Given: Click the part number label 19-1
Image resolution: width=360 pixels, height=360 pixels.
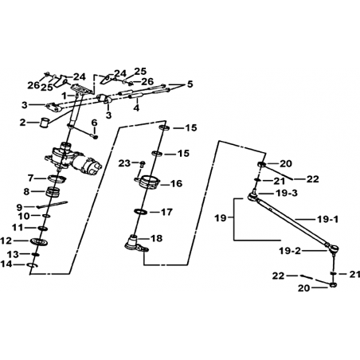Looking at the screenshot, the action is pyautogui.click(x=327, y=220).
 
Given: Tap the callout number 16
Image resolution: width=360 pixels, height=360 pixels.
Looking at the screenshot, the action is pyautogui.click(x=177, y=183).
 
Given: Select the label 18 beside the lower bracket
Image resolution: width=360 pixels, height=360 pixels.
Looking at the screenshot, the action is pyautogui.click(x=157, y=238).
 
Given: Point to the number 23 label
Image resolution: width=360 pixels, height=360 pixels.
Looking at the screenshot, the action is pyautogui.click(x=124, y=163).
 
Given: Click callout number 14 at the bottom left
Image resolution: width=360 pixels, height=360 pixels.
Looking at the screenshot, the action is pyautogui.click(x=6, y=264).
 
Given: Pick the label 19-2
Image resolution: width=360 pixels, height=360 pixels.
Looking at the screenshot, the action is pyautogui.click(x=290, y=251).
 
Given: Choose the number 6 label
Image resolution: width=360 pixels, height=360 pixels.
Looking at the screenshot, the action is pyautogui.click(x=95, y=123).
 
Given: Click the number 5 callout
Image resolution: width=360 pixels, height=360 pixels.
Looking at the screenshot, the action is pyautogui.click(x=190, y=84).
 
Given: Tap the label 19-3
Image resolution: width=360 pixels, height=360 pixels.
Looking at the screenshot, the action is pyautogui.click(x=287, y=193).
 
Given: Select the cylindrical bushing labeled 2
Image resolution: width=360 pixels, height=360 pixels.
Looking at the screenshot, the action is pyautogui.click(x=45, y=123).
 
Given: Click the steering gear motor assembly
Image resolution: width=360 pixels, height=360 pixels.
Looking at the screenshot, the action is pyautogui.click(x=73, y=158).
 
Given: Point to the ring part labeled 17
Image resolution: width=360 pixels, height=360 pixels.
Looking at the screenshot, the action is pyautogui.click(x=141, y=212).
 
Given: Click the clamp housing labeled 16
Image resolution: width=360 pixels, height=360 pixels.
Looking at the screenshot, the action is pyautogui.click(x=147, y=182).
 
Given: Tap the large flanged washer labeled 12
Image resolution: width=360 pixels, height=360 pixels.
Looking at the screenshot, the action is pyautogui.click(x=39, y=241).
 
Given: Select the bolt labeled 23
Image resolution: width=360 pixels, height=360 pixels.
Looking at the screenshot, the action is pyautogui.click(x=142, y=163).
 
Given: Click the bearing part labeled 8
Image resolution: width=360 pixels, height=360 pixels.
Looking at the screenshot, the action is pyautogui.click(x=53, y=192).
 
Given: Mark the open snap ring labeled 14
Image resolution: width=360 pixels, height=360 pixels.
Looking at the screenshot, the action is pyautogui.click(x=33, y=265).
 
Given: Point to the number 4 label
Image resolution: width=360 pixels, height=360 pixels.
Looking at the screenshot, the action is pyautogui.click(x=136, y=108).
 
